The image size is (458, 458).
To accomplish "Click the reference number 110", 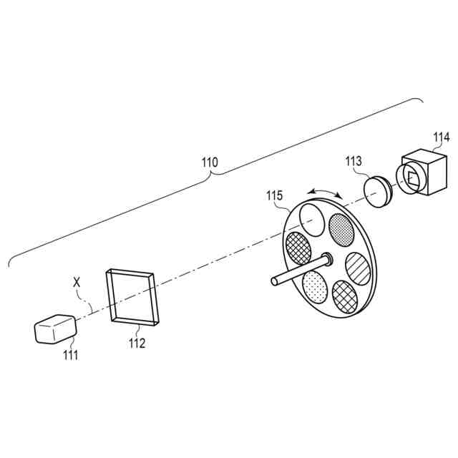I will coord(209,162).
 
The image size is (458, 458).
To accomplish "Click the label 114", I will coord(442,137).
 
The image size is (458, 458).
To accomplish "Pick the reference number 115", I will coord(275,195).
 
